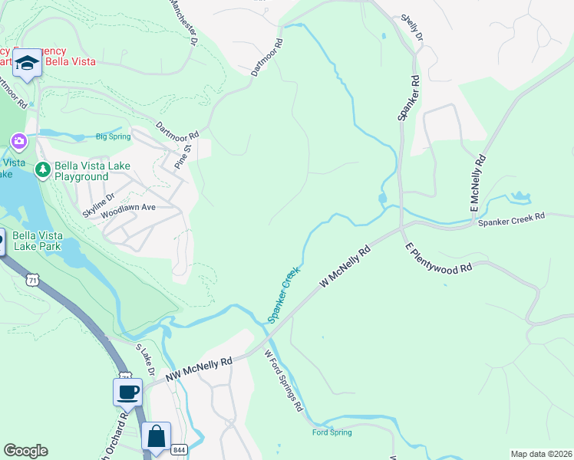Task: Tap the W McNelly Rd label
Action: click(345, 268)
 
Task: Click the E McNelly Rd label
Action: click(480, 184)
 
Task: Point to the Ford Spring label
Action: click(332, 432)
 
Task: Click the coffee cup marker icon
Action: click(127, 392)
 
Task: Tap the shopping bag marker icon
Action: click(156, 436)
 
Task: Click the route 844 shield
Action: click(179, 449)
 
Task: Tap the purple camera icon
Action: click(18, 141)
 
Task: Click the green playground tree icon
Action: click(42, 168)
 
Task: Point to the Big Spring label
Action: click(112, 137)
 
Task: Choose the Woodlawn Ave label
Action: click(128, 208)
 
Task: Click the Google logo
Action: click(25, 451)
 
